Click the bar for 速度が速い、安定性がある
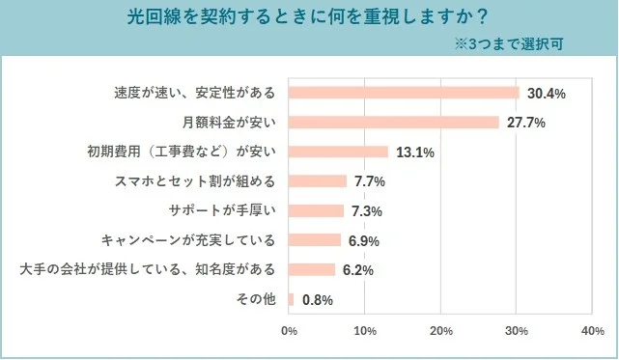tap(404, 93)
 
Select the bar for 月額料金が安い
tap(393, 122)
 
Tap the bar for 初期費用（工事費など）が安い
tap(338, 152)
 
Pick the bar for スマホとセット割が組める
tap(317, 180)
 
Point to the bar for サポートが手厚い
tap(316, 210)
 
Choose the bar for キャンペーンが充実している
tap(314, 239)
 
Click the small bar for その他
tap(291, 299)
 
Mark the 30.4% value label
tap(546, 93)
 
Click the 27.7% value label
tap(525, 123)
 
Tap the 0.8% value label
tap(318, 299)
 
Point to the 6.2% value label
tap(357, 269)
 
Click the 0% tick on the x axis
tap(288, 331)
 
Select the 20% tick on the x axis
tap(441, 331)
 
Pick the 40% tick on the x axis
tap(593, 331)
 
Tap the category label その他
tap(256, 299)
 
